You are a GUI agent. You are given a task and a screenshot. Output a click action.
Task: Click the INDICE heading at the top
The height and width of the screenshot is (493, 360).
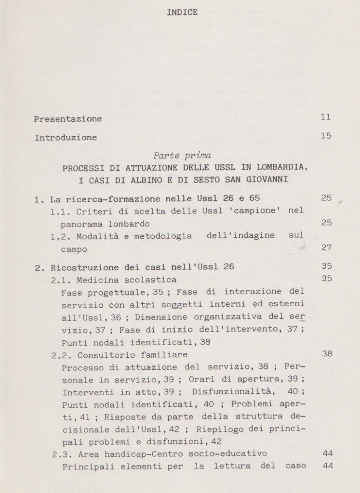[x=182, y=13]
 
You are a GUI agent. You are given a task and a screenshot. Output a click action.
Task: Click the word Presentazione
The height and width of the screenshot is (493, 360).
[x=68, y=118]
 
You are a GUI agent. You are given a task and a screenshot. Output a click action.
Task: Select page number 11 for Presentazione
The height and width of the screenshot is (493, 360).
[x=326, y=117]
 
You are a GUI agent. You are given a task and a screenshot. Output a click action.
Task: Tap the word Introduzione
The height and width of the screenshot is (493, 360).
[x=66, y=137]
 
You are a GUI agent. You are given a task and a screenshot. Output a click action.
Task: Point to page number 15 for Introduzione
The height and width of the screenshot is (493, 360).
[x=326, y=136]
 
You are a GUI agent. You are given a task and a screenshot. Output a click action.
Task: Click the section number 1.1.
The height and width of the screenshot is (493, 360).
[x=60, y=211]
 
